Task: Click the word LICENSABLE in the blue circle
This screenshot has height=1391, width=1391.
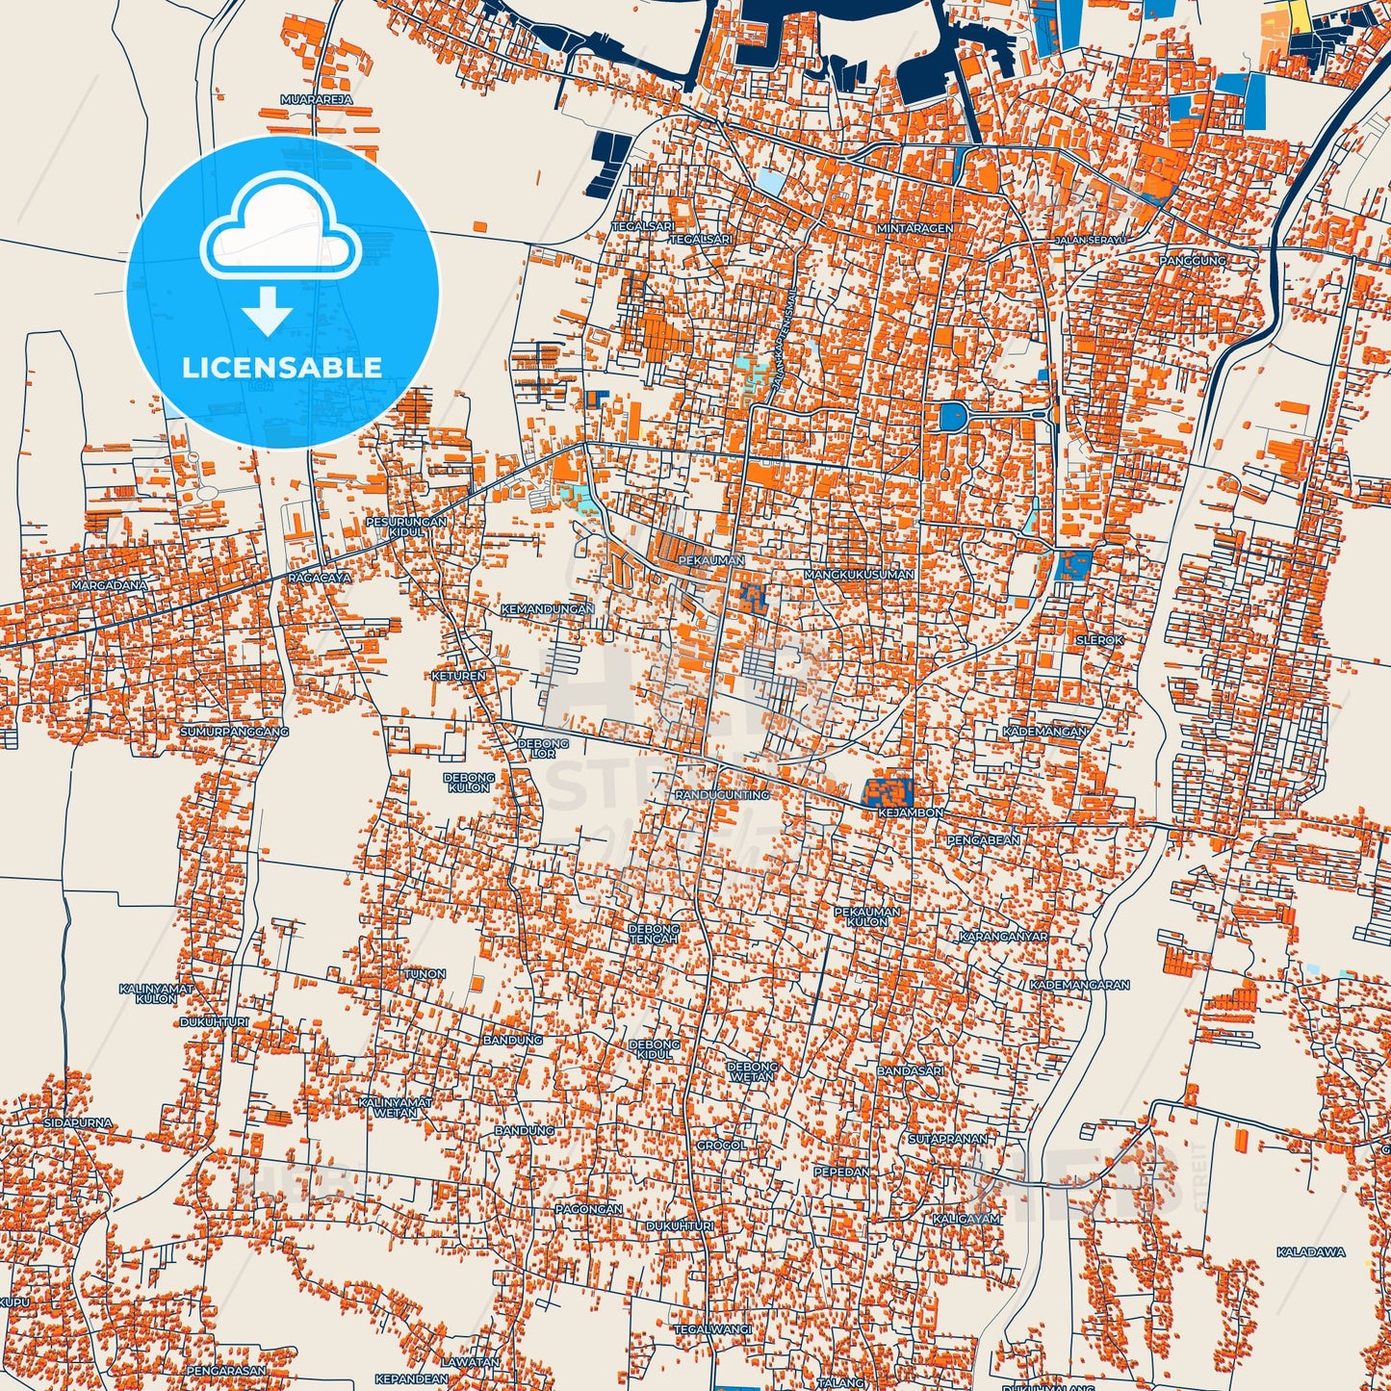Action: pos(282,368)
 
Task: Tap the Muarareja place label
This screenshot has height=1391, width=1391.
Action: pos(316,99)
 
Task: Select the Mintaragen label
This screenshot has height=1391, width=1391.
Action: pos(914,229)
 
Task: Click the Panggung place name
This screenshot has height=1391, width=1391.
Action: pos(1193,261)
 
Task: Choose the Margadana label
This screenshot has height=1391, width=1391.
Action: pos(110,585)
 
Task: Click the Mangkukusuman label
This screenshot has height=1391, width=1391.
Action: pos(859,575)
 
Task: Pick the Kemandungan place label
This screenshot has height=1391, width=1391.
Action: pos(548,609)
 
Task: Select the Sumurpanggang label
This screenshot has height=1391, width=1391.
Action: pos(234,732)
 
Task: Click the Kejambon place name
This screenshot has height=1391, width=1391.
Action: pos(910,813)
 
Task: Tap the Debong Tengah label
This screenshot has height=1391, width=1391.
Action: pos(654,934)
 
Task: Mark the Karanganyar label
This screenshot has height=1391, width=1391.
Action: pos(1003,936)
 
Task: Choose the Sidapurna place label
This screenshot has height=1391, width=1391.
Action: pos(78,1123)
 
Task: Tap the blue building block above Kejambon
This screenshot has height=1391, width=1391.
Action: pos(887,791)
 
